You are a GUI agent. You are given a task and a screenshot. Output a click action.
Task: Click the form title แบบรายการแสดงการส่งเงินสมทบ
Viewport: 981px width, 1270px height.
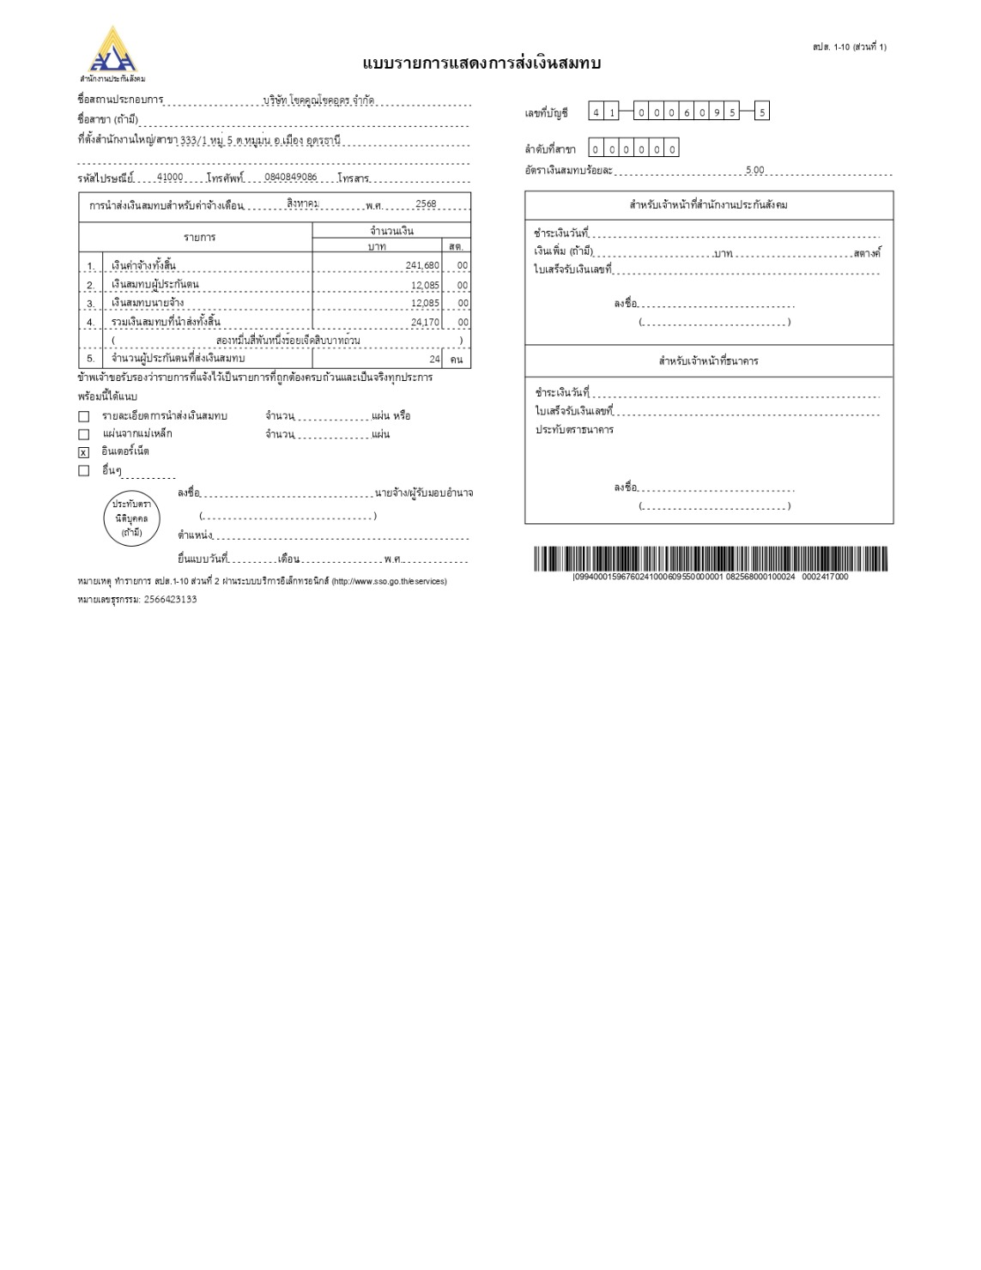(x=481, y=64)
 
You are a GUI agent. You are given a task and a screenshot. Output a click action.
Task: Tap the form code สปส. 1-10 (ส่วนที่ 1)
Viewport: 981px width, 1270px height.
(x=849, y=46)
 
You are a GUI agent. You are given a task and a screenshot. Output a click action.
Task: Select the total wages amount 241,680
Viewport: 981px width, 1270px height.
(x=422, y=266)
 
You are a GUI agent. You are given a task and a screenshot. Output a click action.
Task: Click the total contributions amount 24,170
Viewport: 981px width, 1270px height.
(x=425, y=323)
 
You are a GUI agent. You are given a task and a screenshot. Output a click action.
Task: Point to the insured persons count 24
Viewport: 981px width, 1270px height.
(x=435, y=360)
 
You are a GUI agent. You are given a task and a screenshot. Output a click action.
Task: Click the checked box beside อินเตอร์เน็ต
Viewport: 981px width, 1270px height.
(x=84, y=452)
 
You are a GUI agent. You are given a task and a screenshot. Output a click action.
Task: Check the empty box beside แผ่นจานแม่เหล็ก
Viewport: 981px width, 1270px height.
(x=84, y=434)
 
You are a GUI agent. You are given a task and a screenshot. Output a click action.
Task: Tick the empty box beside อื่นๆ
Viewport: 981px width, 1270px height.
(x=84, y=470)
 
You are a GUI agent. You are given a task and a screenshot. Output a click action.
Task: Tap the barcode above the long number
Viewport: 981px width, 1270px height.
(x=711, y=559)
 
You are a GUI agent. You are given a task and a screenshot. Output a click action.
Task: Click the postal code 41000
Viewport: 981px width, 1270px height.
(x=170, y=178)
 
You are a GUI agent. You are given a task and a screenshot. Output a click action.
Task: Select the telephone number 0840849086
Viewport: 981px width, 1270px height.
(x=291, y=178)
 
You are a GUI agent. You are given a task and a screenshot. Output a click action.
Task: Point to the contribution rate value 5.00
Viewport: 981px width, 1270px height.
(x=754, y=171)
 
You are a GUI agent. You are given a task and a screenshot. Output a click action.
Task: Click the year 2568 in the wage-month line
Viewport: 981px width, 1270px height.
(x=426, y=204)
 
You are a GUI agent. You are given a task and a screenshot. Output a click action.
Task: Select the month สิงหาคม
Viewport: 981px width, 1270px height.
(x=303, y=203)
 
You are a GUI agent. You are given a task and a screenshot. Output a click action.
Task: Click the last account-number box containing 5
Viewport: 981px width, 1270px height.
(x=762, y=112)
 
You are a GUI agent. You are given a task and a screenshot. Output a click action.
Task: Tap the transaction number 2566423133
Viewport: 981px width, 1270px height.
(x=170, y=600)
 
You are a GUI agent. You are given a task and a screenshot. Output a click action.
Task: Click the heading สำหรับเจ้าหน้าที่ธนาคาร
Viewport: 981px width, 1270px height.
(x=708, y=361)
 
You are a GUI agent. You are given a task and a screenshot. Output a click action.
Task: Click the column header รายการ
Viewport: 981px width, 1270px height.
(x=199, y=237)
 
